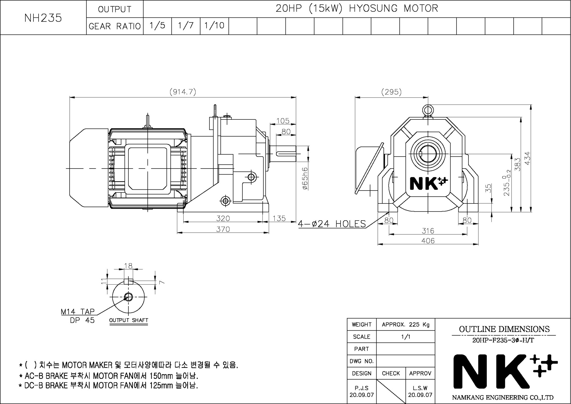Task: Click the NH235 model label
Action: tap(43, 18)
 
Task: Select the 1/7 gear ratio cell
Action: tap(186, 26)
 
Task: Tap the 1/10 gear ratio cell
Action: tap(214, 26)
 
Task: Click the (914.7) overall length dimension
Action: tap(183, 92)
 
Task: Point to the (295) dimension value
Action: tap(391, 92)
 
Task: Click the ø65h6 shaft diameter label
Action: tap(305, 179)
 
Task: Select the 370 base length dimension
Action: tap(223, 229)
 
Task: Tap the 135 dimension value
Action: tap(279, 218)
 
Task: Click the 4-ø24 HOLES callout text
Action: tap(332, 223)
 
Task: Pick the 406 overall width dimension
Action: tap(428, 241)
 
